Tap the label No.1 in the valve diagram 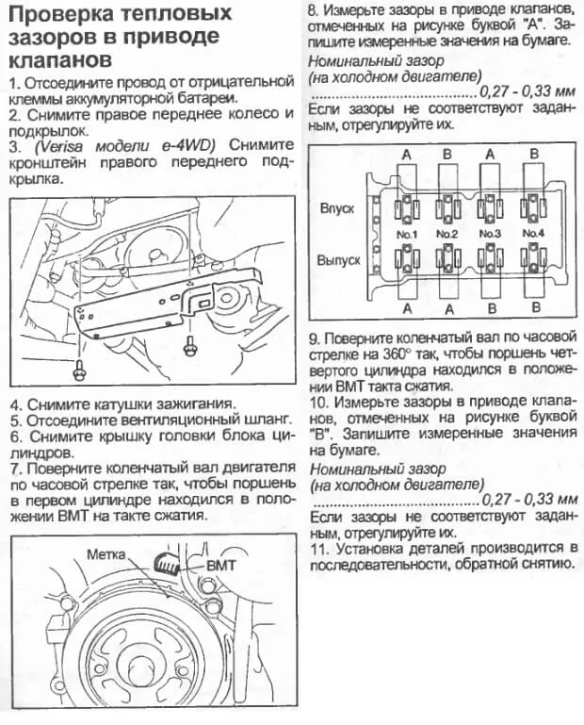point(407,233)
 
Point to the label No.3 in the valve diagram point(489,233)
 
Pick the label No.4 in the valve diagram point(532,233)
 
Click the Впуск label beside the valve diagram point(337,207)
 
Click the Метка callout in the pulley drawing point(105,555)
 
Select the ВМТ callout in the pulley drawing point(220,567)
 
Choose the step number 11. point(318,547)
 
